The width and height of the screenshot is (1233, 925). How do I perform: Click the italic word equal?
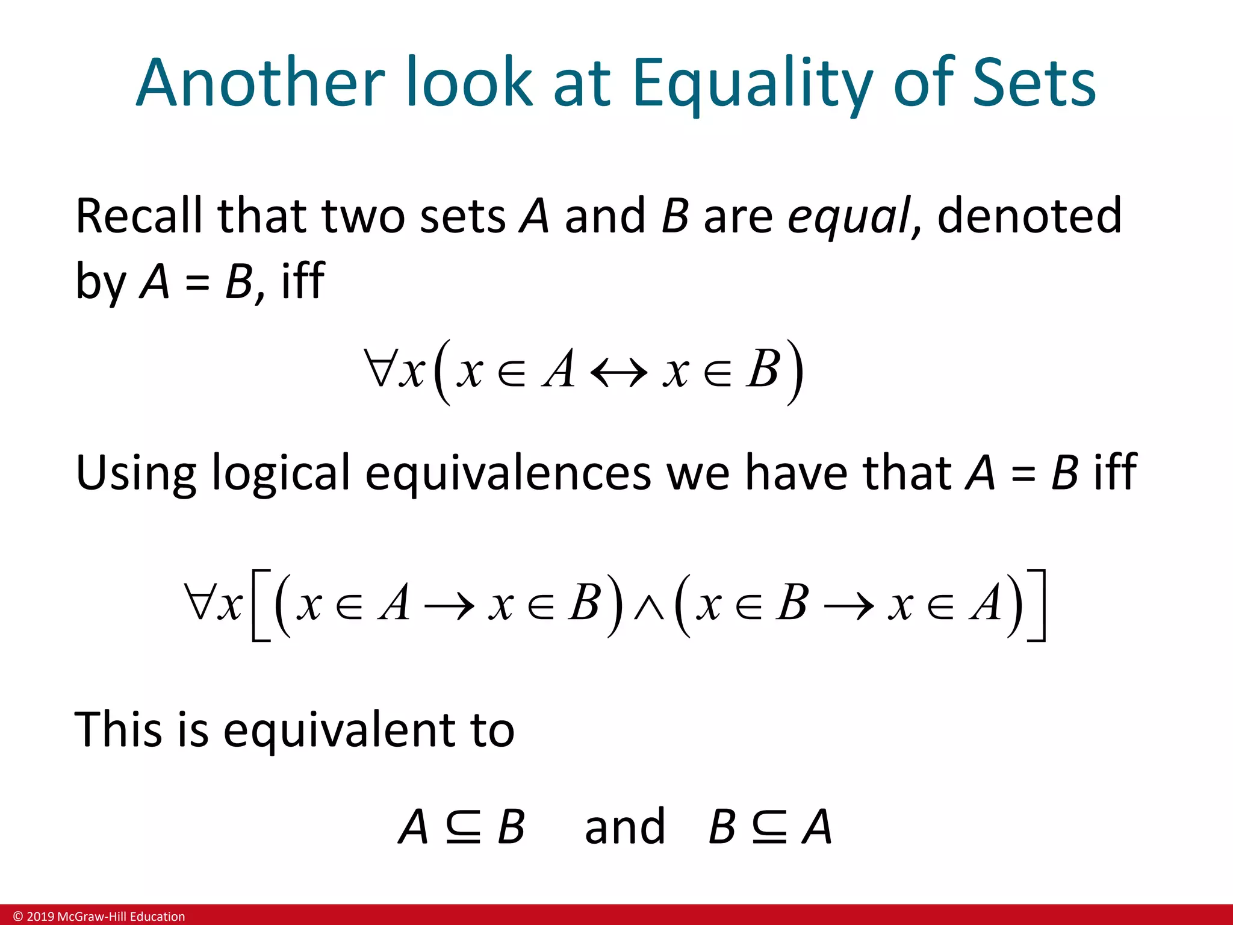[849, 217]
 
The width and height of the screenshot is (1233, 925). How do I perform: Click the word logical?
[281, 473]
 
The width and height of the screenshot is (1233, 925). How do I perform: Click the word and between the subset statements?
[625, 827]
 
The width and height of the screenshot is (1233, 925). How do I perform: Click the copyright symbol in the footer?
[18, 917]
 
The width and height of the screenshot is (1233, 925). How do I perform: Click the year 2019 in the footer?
[40, 917]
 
